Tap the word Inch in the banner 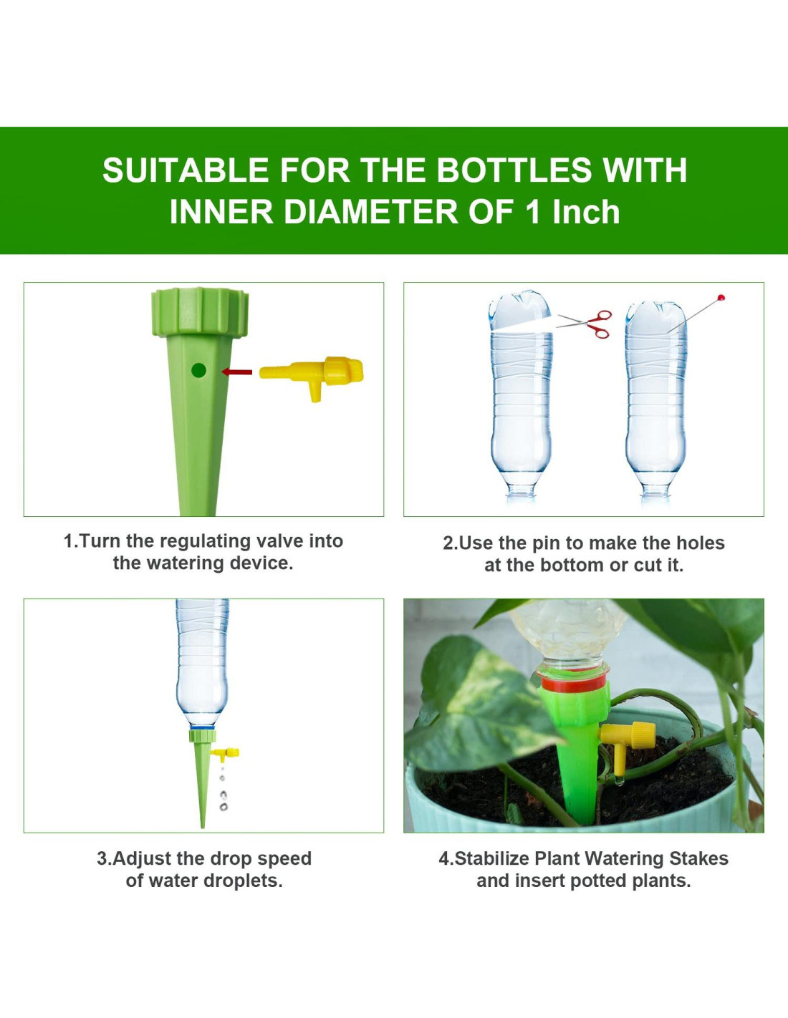point(586,212)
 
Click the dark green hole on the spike point(198,371)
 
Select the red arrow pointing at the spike point(236,372)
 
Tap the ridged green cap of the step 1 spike point(200,312)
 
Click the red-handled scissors point(585,324)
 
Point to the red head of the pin point(721,297)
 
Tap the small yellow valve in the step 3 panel point(226,754)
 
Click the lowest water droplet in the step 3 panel point(224,808)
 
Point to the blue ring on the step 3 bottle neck point(202,727)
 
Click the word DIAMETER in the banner point(371,212)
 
